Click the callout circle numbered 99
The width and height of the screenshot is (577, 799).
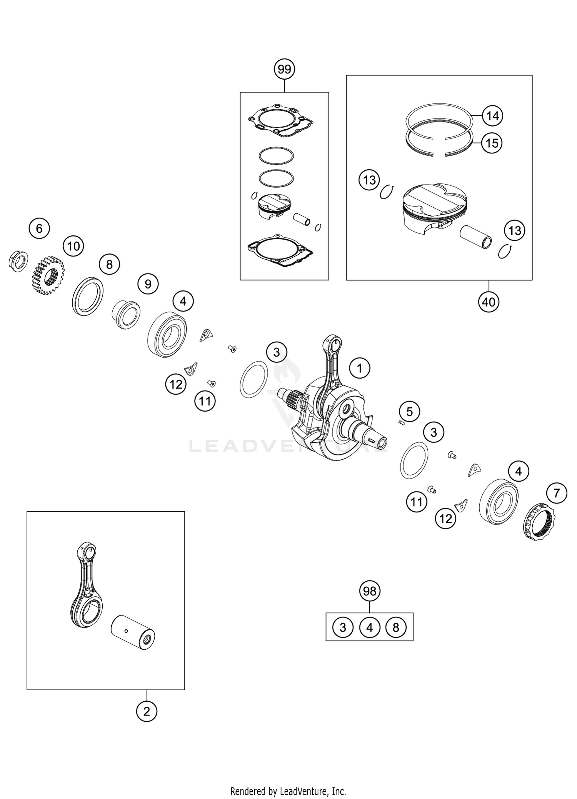tap(284, 70)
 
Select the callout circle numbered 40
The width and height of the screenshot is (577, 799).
tap(489, 302)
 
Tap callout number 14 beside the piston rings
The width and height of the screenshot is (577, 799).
tap(492, 116)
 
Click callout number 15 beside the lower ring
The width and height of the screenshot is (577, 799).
tap(492, 143)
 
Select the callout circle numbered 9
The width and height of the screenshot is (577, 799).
tap(148, 284)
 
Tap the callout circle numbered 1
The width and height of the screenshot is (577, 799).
tap(359, 369)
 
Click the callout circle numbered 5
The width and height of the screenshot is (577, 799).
tap(409, 412)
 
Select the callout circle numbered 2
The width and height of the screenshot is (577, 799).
tap(147, 711)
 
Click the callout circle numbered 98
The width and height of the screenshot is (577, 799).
tap(370, 591)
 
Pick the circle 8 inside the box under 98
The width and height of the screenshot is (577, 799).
tap(396, 627)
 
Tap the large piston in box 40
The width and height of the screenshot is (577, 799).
tap(433, 210)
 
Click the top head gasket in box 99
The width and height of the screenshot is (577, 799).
tap(280, 120)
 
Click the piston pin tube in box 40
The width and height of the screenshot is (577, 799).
tap(476, 237)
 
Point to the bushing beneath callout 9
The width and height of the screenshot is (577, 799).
tap(125, 314)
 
